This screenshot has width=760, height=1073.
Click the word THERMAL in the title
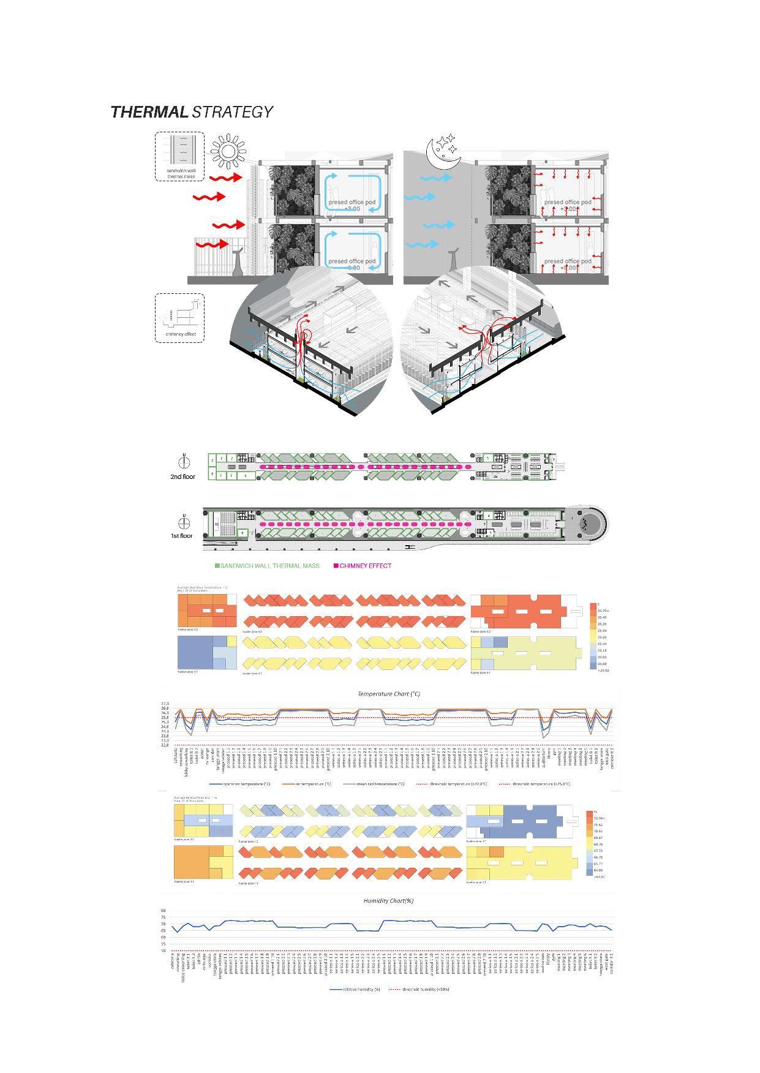(149, 112)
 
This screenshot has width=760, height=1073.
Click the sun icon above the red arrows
(228, 151)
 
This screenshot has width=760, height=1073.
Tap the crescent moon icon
(442, 153)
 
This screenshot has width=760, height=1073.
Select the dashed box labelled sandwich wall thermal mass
(179, 156)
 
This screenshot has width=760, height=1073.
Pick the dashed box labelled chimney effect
(179, 317)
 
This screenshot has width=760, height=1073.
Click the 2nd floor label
(182, 476)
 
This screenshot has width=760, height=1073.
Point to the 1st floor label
(182, 536)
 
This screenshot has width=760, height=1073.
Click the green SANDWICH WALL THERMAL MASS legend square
(217, 566)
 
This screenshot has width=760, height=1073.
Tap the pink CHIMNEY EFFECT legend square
(336, 566)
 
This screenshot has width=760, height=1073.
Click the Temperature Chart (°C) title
(389, 694)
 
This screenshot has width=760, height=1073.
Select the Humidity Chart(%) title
(388, 901)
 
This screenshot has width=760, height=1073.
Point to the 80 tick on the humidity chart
(164, 911)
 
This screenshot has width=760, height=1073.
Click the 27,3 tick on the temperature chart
(165, 704)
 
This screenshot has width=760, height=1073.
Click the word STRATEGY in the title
(232, 112)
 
